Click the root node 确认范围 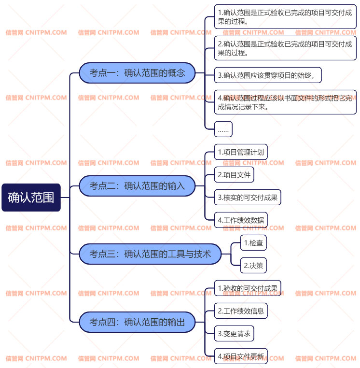tap(31, 197)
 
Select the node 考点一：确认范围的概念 tap(137, 73)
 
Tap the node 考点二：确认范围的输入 tap(137, 185)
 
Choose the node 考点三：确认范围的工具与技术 tap(150, 254)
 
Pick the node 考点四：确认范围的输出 tap(137, 322)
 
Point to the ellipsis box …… tap(223, 129)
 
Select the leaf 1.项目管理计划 tap(241, 152)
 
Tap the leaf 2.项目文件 tap(234, 174)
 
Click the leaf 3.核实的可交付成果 tap(248, 197)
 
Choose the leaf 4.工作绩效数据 tap(241, 220)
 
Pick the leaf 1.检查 tap(253, 242)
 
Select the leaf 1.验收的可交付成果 tap(248, 288)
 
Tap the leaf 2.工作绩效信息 tap(241, 311)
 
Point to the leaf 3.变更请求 tap(234, 333)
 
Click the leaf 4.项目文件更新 tap(241, 356)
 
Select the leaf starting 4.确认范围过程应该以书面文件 tap(285, 102)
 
